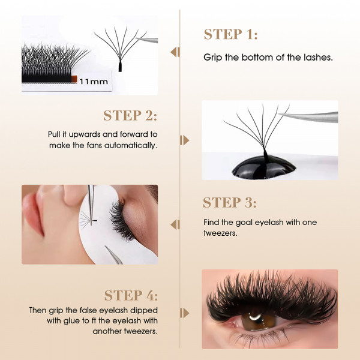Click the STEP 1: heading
pyautogui.click(x=230, y=34)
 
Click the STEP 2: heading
pyautogui.click(x=130, y=115)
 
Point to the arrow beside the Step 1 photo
pyautogui.click(x=175, y=52)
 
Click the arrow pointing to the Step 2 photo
pyautogui.click(x=185, y=140)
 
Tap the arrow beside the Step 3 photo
pyautogui.click(x=175, y=225)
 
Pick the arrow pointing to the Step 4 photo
pyautogui.click(x=185, y=313)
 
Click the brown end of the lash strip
pyautogui.click(x=71, y=78)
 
